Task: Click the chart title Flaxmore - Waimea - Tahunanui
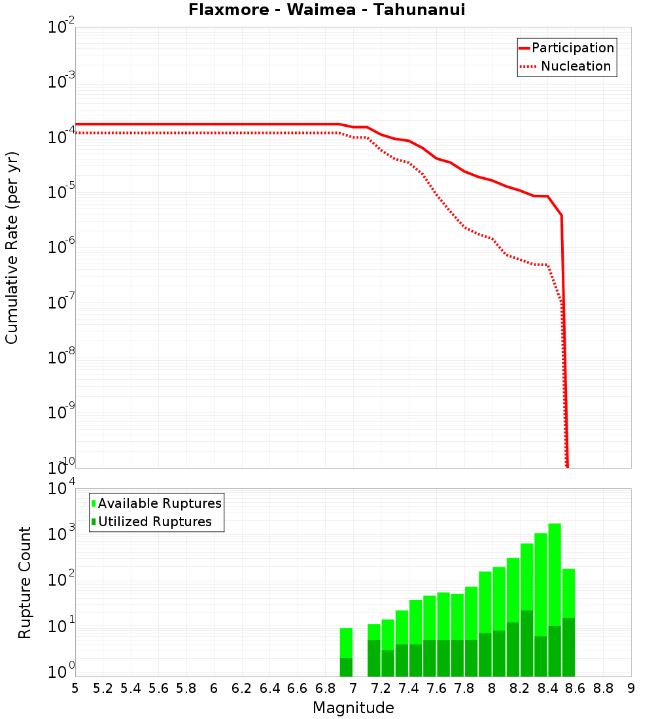[x=327, y=10]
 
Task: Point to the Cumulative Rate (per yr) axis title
[x=12, y=247]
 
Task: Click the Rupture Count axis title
[x=25, y=582]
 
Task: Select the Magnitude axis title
[x=353, y=708]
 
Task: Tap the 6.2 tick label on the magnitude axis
[x=242, y=688]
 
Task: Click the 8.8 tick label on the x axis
[x=603, y=688]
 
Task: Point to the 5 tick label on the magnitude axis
[x=75, y=688]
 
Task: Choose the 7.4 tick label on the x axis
[x=409, y=688]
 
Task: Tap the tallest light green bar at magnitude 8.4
[x=555, y=575]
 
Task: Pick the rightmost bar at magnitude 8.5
[x=568, y=595]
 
